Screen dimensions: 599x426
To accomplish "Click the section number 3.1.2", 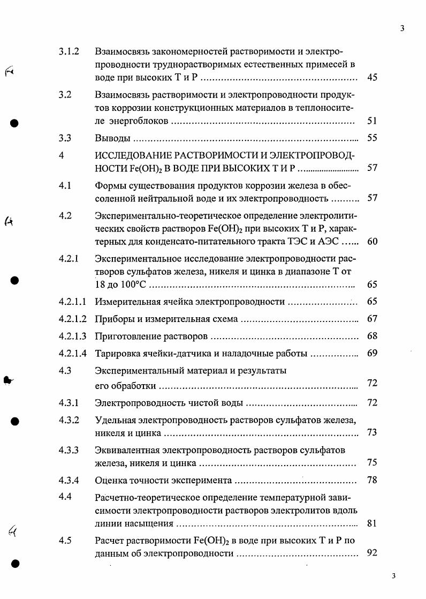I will [x=69, y=52].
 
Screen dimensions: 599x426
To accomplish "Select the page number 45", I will [x=372, y=78].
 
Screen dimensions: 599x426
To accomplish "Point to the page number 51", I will [x=372, y=121].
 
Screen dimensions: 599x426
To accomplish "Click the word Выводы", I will [x=112, y=138].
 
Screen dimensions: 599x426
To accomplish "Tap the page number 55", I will [x=372, y=138].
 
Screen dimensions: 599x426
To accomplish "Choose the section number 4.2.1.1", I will [x=73, y=302].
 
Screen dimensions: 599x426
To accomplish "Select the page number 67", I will [x=372, y=319].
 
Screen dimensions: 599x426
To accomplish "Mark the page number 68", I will [x=372, y=336].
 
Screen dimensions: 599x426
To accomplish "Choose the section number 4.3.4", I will [x=69, y=480].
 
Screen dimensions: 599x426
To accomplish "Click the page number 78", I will [x=372, y=480].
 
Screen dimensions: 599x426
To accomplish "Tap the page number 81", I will [x=372, y=523].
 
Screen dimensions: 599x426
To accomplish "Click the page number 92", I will [x=372, y=553].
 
